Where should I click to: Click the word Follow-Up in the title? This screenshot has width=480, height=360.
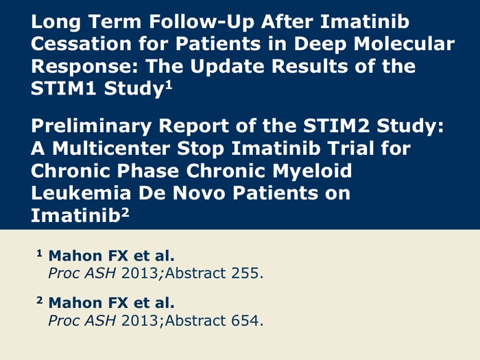pyautogui.click(x=202, y=23)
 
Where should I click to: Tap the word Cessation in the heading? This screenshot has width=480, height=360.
pyautogui.click(x=82, y=44)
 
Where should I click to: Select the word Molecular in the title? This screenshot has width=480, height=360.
pyautogui.click(x=404, y=44)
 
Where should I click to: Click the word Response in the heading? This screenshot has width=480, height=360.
pyautogui.click(x=85, y=67)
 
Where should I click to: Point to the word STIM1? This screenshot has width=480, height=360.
pyautogui.click(x=64, y=88)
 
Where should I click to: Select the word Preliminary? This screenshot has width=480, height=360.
pyautogui.click(x=91, y=125)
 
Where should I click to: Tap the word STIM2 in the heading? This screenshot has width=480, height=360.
pyautogui.click(x=337, y=125)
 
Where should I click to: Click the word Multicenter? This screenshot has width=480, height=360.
pyautogui.click(x=111, y=149)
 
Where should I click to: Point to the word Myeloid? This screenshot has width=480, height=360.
pyautogui.click(x=312, y=171)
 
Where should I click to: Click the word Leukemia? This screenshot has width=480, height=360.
pyautogui.click(x=82, y=193)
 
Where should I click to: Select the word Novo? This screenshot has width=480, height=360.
pyautogui.click(x=199, y=193)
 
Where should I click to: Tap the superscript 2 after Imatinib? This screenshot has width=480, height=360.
pyautogui.click(x=125, y=212)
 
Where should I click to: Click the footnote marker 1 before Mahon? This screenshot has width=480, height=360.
pyautogui.click(x=39, y=253)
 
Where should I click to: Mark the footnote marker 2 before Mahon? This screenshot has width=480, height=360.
pyautogui.click(x=40, y=300)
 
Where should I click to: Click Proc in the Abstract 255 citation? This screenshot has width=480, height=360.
pyautogui.click(x=64, y=273)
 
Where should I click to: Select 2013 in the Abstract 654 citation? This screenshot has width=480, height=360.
pyautogui.click(x=140, y=320)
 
